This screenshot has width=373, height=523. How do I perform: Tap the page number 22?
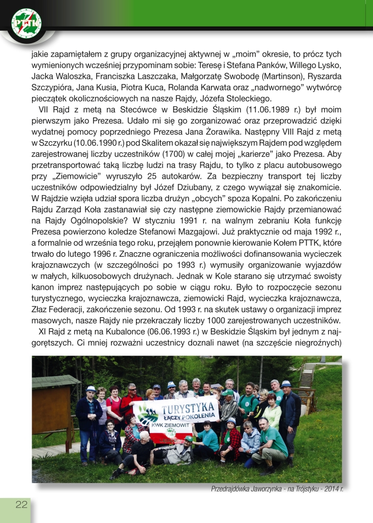pos(21,505)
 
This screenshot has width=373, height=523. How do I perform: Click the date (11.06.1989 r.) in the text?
pos(246,110)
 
